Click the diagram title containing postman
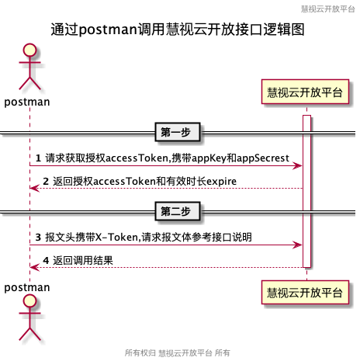point(178,30)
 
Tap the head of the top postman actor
point(29,50)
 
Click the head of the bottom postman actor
point(29,301)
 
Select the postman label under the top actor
point(27,102)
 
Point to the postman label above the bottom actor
point(27,287)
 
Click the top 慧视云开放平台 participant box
point(305,92)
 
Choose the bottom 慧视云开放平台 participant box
point(305,293)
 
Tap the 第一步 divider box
point(178,132)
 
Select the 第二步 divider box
point(178,211)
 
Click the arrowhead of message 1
point(297,165)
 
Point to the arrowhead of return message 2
point(35,188)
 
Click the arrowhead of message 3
point(297,245)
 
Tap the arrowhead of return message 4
point(35,267)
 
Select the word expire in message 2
point(221,182)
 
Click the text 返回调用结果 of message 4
point(83,260)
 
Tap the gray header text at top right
point(327,9)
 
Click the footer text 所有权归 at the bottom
point(140,352)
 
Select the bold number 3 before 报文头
point(38,237)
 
